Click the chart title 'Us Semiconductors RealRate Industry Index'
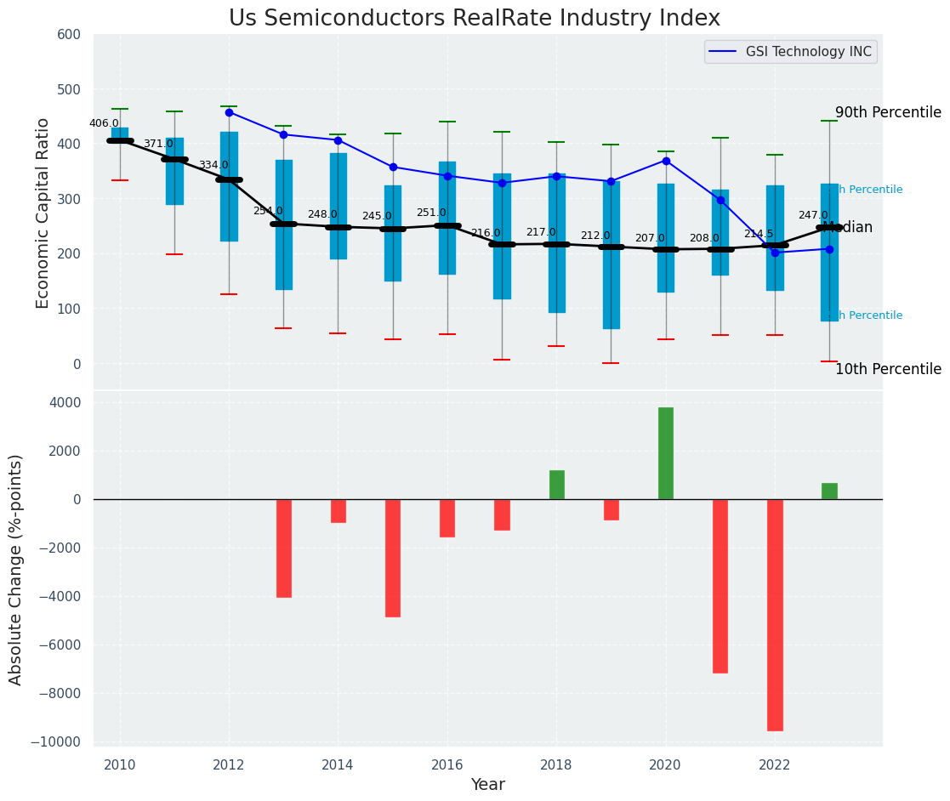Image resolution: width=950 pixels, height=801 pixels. [475, 19]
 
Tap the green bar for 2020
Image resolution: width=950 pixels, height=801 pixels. [665, 453]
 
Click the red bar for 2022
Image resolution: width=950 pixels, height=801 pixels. [775, 615]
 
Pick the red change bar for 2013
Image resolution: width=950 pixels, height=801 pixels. [284, 548]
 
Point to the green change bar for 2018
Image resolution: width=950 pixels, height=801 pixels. [557, 485]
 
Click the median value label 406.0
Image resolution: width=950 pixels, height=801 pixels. [104, 123]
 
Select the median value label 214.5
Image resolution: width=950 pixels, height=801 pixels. [759, 234]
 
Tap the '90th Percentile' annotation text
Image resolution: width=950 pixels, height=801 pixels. [888, 113]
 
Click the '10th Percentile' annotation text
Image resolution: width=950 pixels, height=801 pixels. [888, 370]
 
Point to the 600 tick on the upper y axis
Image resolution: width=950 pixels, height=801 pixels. [69, 35]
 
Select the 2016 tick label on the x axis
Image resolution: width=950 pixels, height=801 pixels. [447, 764]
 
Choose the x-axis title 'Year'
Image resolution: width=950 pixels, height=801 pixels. [488, 785]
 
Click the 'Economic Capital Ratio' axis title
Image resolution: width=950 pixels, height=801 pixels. [43, 212]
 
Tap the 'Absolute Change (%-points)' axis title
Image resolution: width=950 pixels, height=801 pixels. [16, 569]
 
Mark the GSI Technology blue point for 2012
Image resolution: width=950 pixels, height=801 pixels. [229, 112]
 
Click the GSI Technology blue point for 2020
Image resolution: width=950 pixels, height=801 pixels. [666, 161]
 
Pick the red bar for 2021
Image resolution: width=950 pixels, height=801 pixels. [720, 586]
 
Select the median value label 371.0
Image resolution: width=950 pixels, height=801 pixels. [158, 145]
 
